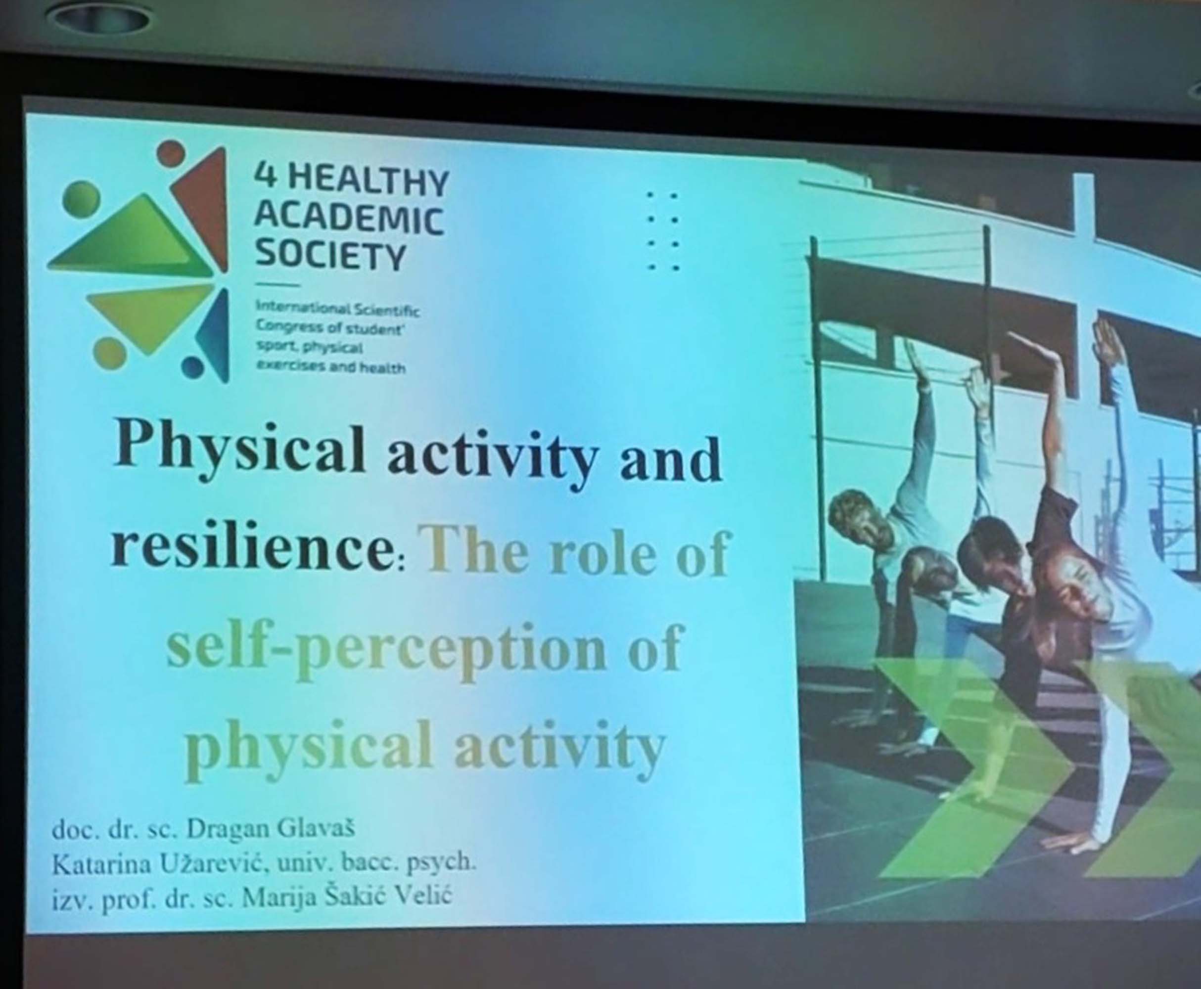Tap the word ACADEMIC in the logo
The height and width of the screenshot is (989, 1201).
coord(349,220)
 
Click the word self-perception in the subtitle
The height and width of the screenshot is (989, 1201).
coord(386,649)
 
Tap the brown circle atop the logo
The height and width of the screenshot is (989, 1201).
coord(171,153)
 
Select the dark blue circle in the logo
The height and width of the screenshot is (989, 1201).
coord(194,367)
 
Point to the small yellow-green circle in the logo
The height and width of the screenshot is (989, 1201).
coord(109,353)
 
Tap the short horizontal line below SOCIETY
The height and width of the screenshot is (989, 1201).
coord(277,284)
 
